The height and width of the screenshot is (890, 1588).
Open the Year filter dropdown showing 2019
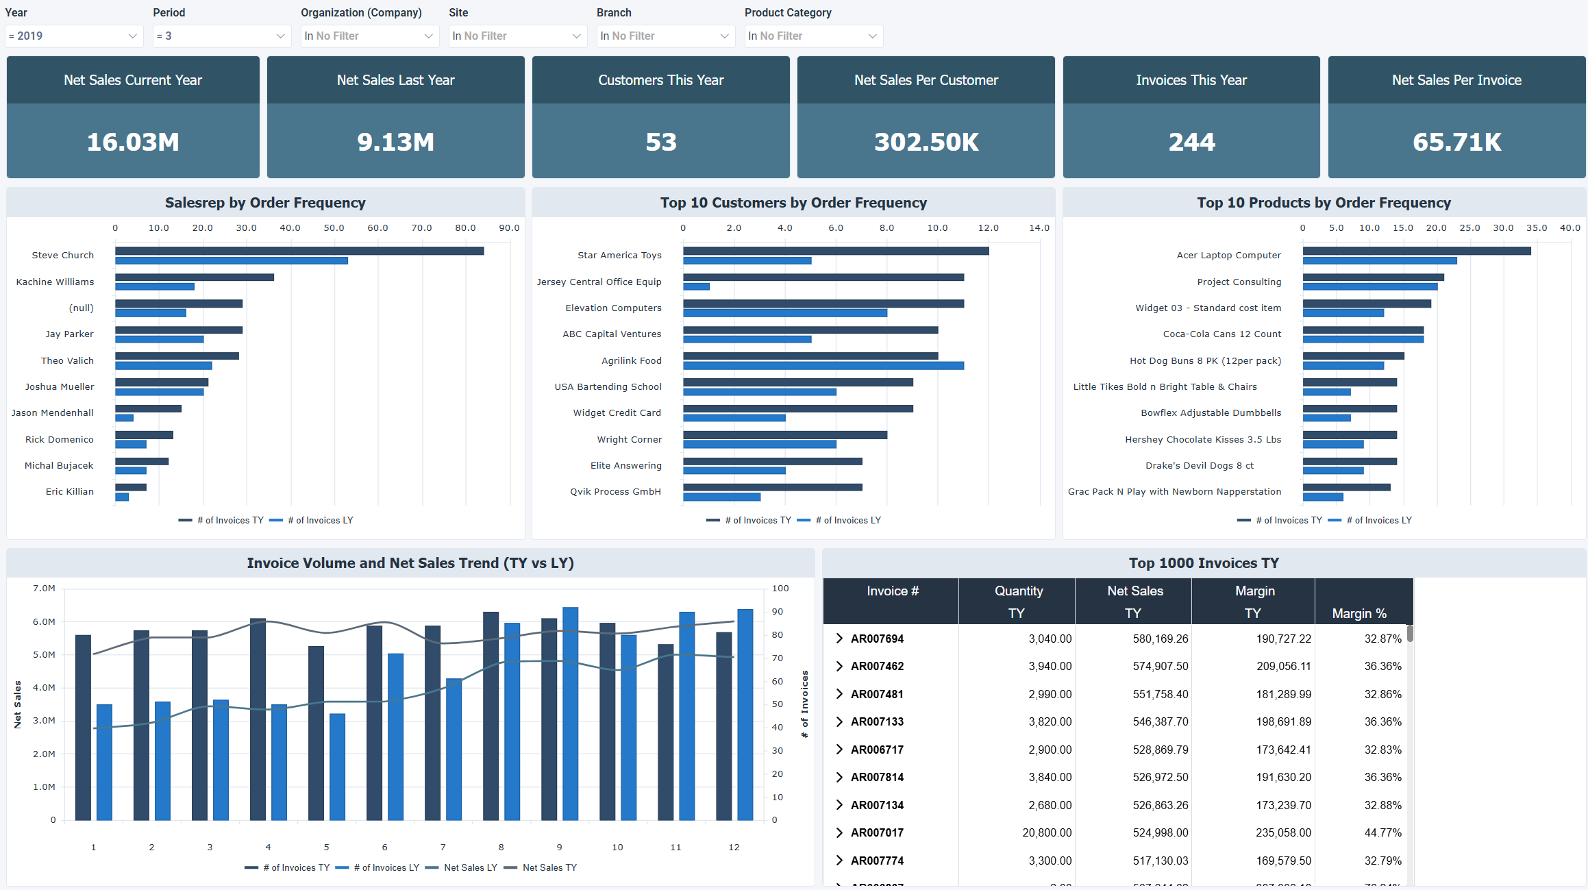[73, 36]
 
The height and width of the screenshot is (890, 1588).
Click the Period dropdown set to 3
[221, 36]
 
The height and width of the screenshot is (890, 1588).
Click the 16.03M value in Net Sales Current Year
[133, 142]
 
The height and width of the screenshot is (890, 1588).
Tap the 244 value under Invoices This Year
[1191, 142]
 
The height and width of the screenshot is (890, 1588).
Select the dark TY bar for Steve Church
[299, 251]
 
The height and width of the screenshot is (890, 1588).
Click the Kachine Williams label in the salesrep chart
[55, 282]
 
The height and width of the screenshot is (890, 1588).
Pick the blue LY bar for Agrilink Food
[823, 366]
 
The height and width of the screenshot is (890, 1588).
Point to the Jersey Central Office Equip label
[599, 282]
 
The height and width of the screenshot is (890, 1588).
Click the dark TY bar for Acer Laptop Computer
[1416, 251]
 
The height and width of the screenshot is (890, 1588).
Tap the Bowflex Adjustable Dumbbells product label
[1211, 412]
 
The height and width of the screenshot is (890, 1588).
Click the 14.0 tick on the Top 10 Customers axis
[1039, 228]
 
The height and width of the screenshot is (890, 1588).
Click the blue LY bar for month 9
[570, 713]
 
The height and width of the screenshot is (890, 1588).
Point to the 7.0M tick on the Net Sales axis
[44, 589]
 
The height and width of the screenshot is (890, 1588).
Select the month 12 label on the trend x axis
[734, 848]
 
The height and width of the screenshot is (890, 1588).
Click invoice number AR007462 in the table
[877, 666]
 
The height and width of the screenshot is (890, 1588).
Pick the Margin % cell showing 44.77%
[1382, 832]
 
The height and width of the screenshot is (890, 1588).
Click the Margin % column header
[1359, 613]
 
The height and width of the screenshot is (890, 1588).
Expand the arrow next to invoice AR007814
[839, 777]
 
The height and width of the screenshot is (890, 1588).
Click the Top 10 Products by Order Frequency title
[1324, 203]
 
